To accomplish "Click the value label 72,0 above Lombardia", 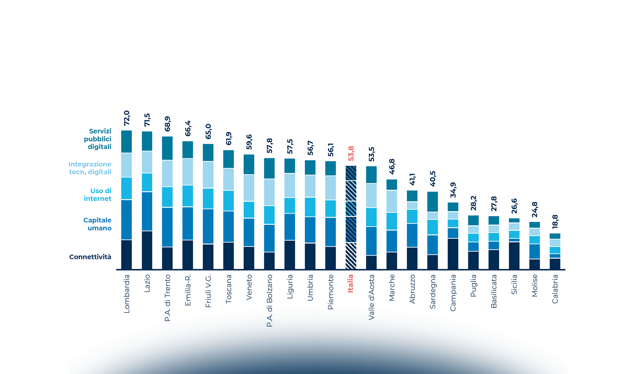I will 127,118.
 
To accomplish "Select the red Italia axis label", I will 350,283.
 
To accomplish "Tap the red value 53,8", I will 351,153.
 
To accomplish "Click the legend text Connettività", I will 90,257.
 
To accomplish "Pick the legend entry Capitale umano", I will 97,224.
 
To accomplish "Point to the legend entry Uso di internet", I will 98,194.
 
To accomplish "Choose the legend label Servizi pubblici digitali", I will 98,139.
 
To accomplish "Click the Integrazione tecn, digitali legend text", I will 90,168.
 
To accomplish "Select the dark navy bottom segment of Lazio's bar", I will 147,250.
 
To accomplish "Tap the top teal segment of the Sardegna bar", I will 432,202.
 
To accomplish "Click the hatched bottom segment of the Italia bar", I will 351,256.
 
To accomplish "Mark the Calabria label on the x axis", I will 555,289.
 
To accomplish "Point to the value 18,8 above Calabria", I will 555,222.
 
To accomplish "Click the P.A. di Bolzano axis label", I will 270,300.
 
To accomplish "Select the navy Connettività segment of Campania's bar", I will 453,254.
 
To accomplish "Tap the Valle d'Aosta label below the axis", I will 371,297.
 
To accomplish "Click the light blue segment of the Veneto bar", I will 249,188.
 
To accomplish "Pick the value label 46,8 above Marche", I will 392,166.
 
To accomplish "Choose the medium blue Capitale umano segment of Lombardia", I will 126,220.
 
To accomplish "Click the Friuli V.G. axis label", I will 208,291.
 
